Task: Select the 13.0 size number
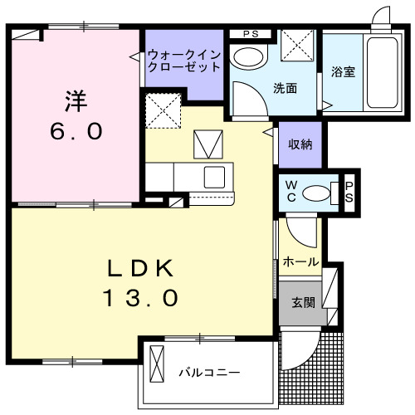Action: point(141,298)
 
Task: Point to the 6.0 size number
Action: point(76,131)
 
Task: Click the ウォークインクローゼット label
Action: point(184,61)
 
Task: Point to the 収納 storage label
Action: point(300,144)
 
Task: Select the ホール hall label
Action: point(300,261)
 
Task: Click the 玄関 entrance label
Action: point(302,303)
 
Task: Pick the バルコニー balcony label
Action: point(210,371)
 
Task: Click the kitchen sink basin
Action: point(214,176)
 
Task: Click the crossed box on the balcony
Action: point(158,363)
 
